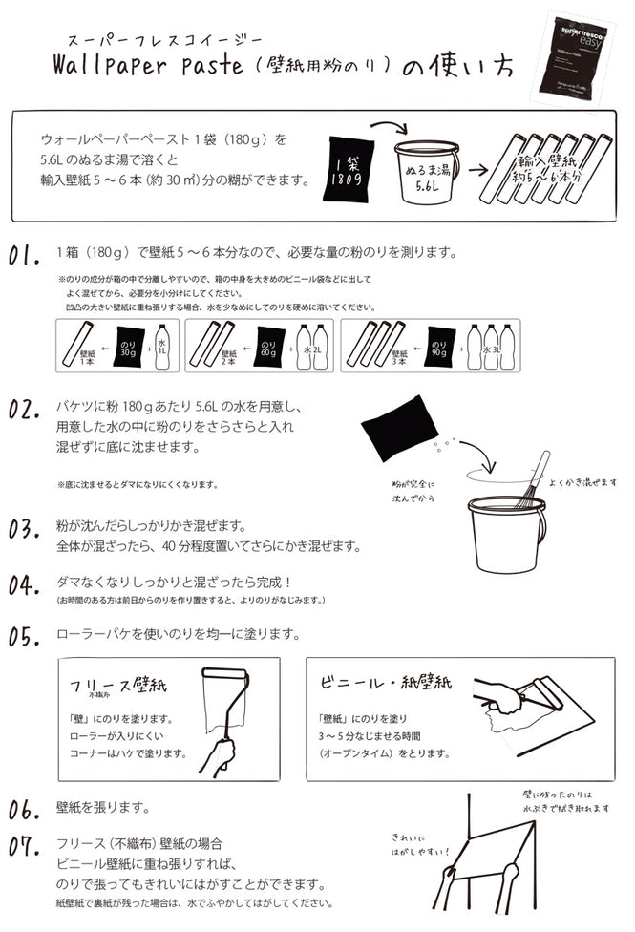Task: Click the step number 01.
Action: (24, 256)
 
